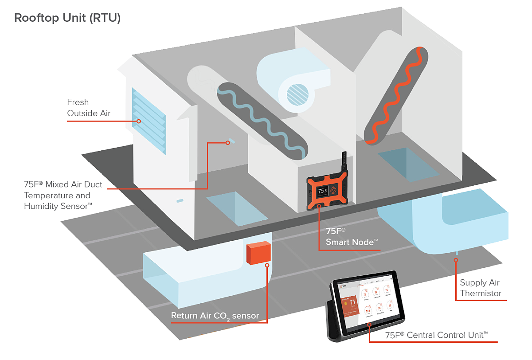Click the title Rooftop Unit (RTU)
67,18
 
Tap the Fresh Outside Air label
89,108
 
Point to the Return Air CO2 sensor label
215,316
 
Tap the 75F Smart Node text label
352,236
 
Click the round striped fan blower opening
296,94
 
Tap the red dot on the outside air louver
139,121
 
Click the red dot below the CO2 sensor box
267,266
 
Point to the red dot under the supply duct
455,260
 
